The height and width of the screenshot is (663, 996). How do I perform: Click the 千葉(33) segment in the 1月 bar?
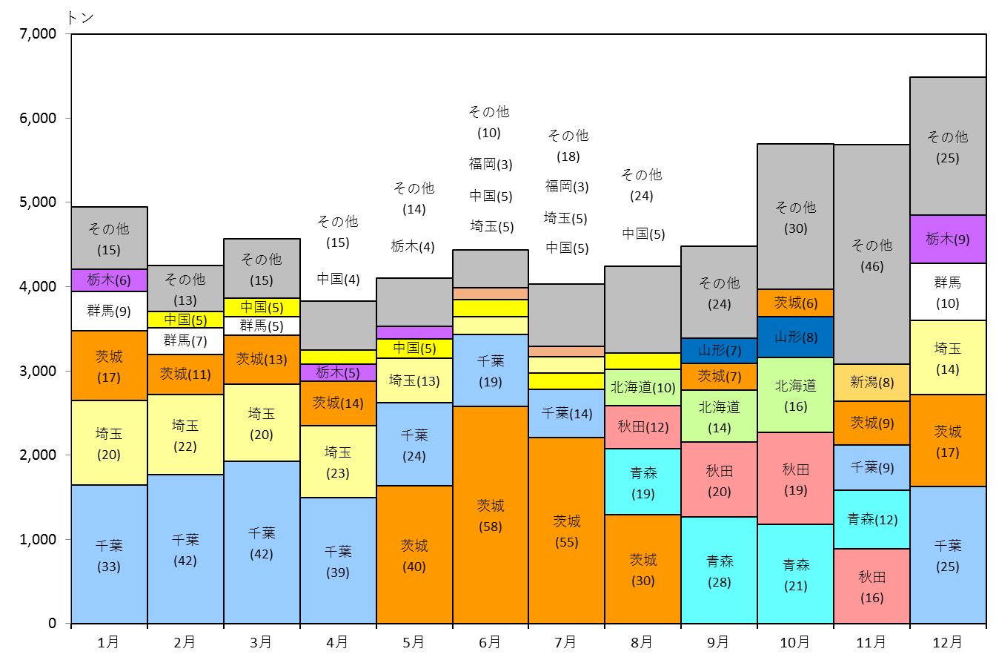point(110,554)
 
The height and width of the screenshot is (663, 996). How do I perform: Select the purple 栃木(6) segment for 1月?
point(110,280)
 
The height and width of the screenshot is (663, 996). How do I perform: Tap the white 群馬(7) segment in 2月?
point(185,341)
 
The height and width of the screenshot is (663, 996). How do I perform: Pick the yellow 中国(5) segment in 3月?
point(262,308)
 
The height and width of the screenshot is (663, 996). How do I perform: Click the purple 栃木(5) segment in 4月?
point(339,372)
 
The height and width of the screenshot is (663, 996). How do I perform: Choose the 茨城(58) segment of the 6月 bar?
point(491,515)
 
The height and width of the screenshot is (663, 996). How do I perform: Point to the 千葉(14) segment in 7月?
point(567,413)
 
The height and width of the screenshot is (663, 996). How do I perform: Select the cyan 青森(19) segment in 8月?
point(643,482)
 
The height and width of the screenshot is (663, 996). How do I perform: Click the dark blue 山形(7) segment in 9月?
point(720,351)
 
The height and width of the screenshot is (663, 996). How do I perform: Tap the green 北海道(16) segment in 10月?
point(796,395)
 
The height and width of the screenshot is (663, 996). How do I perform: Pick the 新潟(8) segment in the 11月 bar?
point(872,383)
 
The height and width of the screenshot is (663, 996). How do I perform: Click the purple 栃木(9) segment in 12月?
point(948,240)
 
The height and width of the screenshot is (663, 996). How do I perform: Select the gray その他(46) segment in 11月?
point(872,254)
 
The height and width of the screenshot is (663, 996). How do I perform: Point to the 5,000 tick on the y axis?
point(68,202)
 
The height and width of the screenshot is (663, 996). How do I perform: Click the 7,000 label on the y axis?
point(38,34)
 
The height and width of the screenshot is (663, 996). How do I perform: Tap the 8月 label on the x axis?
point(642,642)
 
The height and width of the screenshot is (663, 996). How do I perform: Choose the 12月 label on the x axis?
point(948,642)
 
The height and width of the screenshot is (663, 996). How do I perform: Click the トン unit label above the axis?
point(81,18)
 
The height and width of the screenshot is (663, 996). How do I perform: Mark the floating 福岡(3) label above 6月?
point(491,164)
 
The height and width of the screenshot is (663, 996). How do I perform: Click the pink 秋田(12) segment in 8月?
point(643,427)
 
